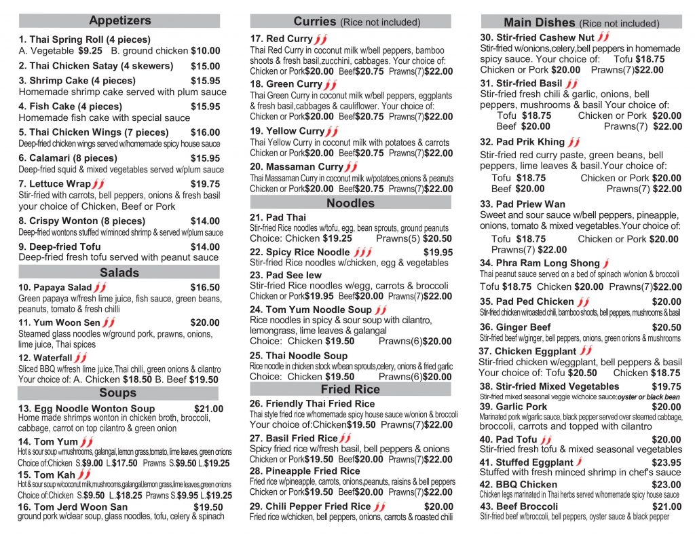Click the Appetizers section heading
click(x=120, y=21)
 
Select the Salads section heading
click(x=119, y=273)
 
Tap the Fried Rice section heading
click(x=350, y=389)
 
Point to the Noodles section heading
click(x=350, y=203)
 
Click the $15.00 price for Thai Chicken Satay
click(x=206, y=67)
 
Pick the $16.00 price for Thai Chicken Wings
click(x=206, y=133)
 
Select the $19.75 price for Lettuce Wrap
click(x=206, y=184)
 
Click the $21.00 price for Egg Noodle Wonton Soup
click(x=208, y=409)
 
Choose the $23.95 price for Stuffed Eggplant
click(x=666, y=462)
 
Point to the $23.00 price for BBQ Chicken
click(x=666, y=485)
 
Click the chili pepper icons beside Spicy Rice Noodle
click(x=364, y=252)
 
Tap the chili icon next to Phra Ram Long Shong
click(x=606, y=263)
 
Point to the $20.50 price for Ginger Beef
click(x=666, y=327)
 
